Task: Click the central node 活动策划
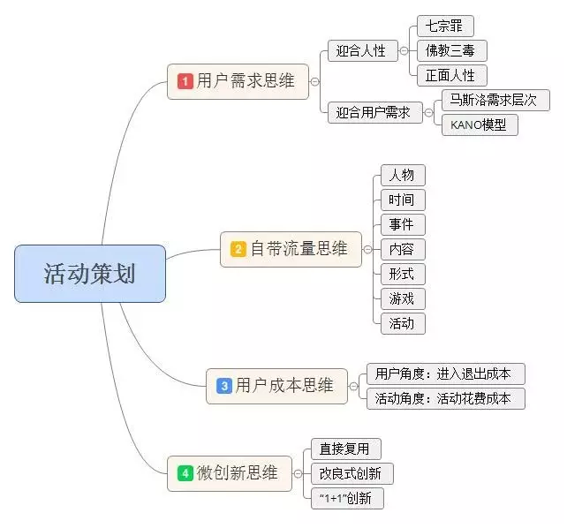[x=90, y=274]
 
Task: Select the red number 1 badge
[x=185, y=81]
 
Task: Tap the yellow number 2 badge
[x=238, y=249]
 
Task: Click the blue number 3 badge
[x=223, y=386]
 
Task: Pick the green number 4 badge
[x=185, y=473]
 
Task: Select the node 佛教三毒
[x=450, y=50]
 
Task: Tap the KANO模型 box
[x=479, y=124]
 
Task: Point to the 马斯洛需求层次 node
[x=495, y=100]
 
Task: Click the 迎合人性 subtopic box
[x=361, y=50]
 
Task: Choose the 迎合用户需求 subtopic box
[x=374, y=112]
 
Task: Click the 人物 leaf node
[x=402, y=175]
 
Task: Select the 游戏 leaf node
[x=402, y=298]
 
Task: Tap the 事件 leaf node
[x=402, y=224]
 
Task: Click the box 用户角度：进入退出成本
[x=444, y=373]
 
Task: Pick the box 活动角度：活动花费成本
[x=444, y=398]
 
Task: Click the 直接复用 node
[x=345, y=449]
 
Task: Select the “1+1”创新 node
[x=347, y=498]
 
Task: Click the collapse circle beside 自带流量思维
[x=368, y=250]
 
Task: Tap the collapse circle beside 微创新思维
[x=299, y=473]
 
